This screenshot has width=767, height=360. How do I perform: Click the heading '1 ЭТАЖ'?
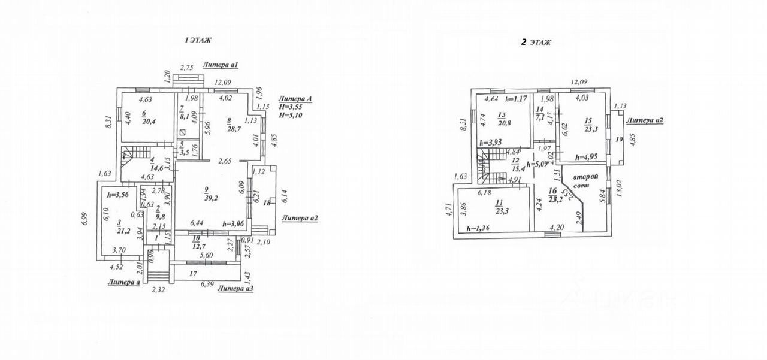[x=198, y=40]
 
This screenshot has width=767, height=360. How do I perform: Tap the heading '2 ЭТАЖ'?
[x=536, y=42]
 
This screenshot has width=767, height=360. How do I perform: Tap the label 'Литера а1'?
[x=221, y=65]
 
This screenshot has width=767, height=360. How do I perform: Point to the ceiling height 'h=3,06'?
[x=233, y=223]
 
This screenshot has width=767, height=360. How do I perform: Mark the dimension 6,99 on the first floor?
[x=86, y=220]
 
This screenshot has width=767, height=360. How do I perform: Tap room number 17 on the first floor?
[x=193, y=273]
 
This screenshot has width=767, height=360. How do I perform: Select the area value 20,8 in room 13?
[x=504, y=123]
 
